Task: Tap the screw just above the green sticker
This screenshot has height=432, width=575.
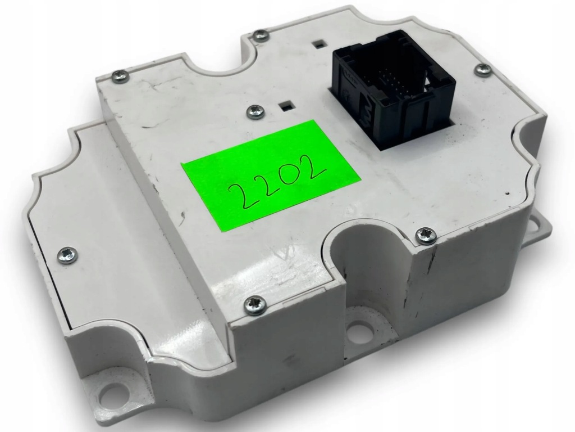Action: [x=254, y=111]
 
